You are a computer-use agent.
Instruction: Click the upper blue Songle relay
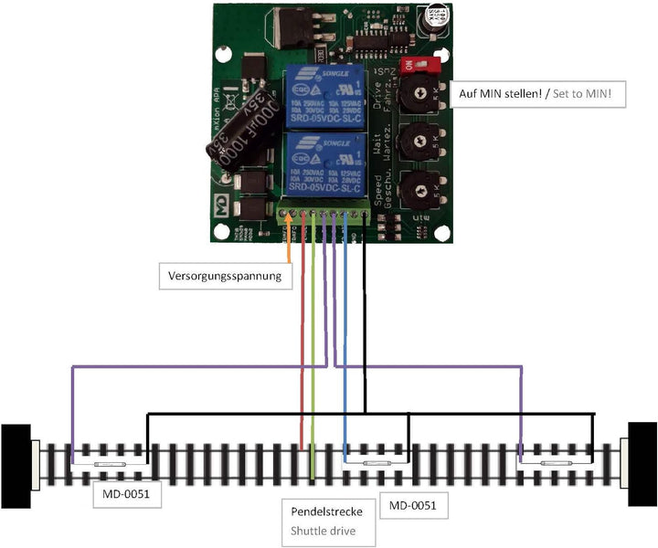(x=327, y=95)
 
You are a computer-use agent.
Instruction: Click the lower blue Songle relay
(x=327, y=163)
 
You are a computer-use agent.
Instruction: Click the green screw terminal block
(x=325, y=216)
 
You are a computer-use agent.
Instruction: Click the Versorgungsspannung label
(x=226, y=274)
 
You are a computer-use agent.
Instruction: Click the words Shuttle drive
(x=323, y=530)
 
